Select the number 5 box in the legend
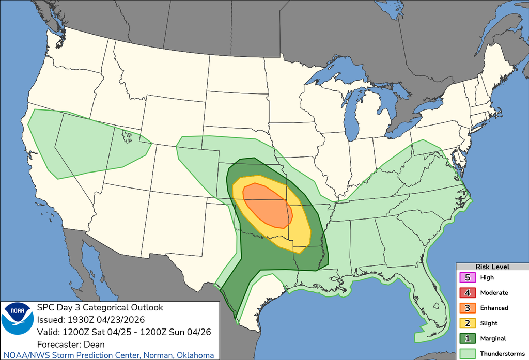[x=467, y=277]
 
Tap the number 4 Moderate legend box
[x=467, y=292]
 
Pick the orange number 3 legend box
[x=467, y=308]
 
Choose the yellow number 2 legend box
[x=467, y=323]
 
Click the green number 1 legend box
[x=467, y=338]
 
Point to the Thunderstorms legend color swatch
[x=467, y=353]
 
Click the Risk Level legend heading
[x=492, y=267]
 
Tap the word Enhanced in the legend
[x=494, y=308]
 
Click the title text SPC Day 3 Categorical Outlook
[x=100, y=307]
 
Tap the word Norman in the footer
[x=154, y=355]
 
